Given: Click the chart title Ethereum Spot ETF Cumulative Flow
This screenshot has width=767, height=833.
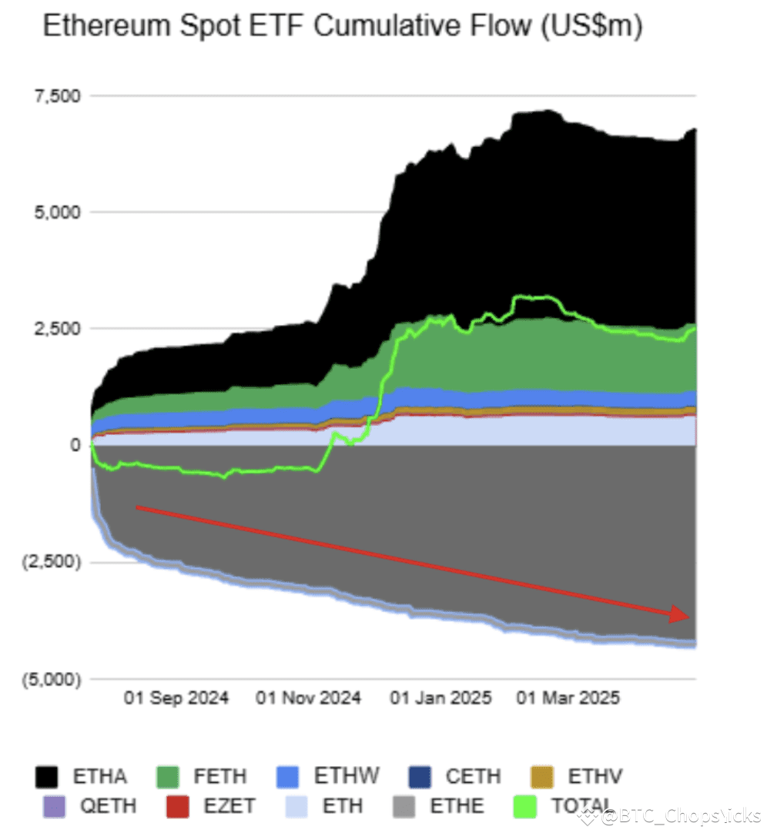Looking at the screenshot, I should pyautogui.click(x=342, y=28).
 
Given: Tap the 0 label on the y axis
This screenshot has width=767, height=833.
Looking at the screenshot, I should pyautogui.click(x=75, y=445).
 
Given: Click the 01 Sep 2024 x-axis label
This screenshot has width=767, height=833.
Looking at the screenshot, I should pyautogui.click(x=176, y=699).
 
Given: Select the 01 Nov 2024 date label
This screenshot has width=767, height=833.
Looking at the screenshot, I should pyautogui.click(x=308, y=699).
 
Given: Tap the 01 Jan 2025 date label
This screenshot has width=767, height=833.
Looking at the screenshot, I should pyautogui.click(x=441, y=699).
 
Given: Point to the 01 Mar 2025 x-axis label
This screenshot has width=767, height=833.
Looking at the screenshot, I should pyautogui.click(x=569, y=699).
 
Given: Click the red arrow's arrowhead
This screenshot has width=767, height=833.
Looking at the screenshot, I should pyautogui.click(x=679, y=614).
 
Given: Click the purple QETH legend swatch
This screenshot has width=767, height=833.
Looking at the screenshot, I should pyautogui.click(x=54, y=806).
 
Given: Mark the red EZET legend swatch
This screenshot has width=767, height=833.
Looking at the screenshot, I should pyautogui.click(x=177, y=806).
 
